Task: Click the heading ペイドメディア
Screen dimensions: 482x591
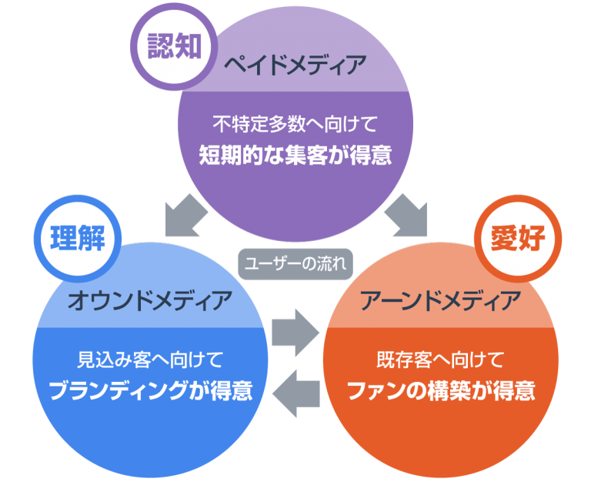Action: coord(295,65)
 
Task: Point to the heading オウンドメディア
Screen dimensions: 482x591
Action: coord(150,300)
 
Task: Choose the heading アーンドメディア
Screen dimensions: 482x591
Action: coord(441,300)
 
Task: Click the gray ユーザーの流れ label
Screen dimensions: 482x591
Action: coord(295,263)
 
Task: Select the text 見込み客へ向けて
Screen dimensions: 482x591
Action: coord(150,359)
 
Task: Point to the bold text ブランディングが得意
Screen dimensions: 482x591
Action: coord(150,391)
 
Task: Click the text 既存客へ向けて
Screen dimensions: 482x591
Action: coord(441,359)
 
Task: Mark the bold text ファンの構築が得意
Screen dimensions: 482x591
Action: coord(441,391)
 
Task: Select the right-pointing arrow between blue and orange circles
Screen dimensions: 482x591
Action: coord(295,326)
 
